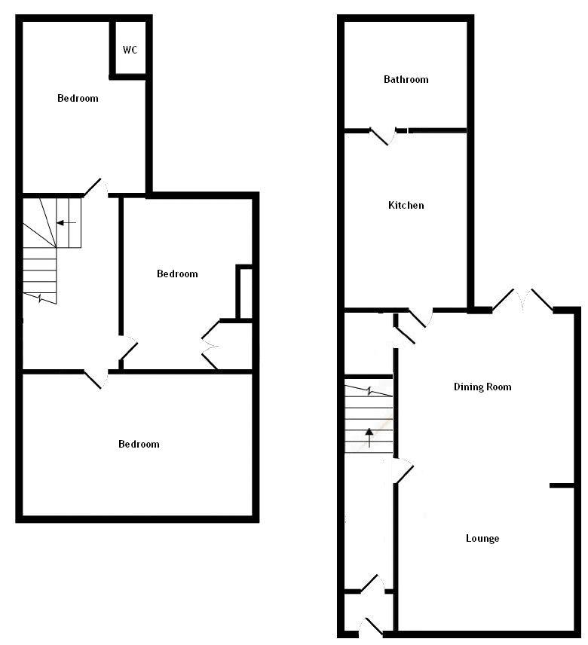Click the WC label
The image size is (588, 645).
coord(130,50)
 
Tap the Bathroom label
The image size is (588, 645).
coord(406,79)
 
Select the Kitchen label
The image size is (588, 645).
coord(406,205)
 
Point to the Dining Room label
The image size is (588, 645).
coord(482,387)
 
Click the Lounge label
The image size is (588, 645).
coord(482,538)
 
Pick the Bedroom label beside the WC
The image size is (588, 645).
coord(78,98)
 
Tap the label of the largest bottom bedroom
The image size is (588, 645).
coord(139,444)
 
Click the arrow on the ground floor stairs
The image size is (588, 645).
coord(369,435)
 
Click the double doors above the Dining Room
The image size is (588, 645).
coord(522,299)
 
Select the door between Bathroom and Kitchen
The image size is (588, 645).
coord(386,135)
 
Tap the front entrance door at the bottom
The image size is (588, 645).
coord(370,626)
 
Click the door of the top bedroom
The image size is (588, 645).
coord(94,187)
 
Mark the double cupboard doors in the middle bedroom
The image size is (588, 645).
coord(210,345)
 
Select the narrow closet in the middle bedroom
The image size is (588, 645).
coord(244,292)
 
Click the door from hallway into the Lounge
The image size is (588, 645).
coord(404,472)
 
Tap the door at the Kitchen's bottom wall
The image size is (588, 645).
coord(420,317)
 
